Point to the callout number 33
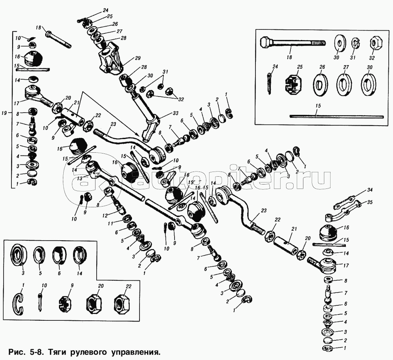tap(175, 113)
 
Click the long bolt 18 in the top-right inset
tap(293, 43)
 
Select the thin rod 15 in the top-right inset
tap(337, 116)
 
